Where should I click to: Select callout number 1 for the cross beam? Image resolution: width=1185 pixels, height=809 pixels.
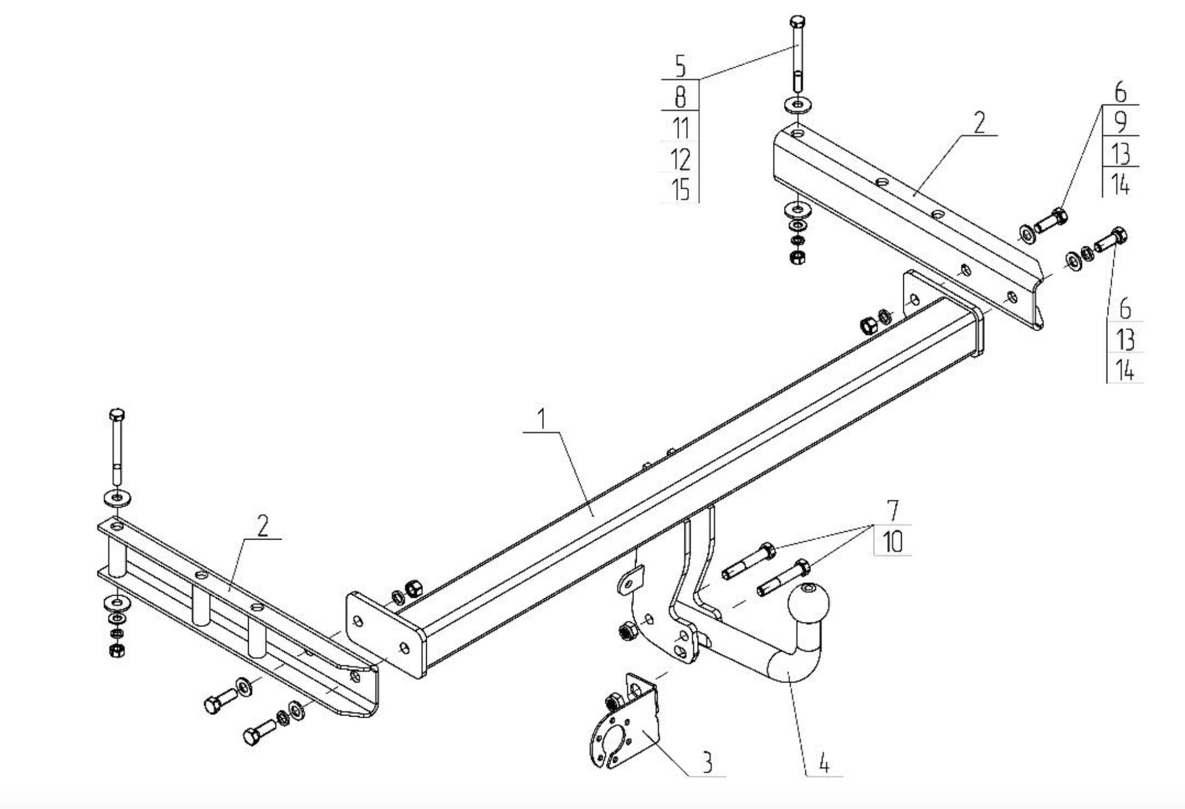[x=542, y=419]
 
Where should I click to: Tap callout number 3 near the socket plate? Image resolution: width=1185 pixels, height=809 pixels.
[x=707, y=762]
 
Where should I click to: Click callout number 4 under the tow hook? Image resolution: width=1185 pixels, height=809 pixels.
[x=824, y=763]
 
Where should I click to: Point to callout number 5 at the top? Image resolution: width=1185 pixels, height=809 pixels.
[x=680, y=66]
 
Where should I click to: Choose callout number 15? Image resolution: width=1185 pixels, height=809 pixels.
[x=681, y=189]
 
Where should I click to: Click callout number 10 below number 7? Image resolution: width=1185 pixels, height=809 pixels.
[x=893, y=542]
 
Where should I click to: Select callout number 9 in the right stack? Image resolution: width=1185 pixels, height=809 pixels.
[x=1120, y=122]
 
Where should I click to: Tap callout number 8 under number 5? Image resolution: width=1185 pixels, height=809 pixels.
[x=680, y=97]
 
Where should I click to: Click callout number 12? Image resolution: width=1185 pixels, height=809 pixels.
[x=681, y=159]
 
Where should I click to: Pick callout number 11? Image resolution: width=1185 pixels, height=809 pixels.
[x=681, y=128]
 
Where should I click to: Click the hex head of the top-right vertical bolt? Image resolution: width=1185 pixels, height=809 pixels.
[x=797, y=22]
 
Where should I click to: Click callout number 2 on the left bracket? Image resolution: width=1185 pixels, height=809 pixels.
[x=262, y=525]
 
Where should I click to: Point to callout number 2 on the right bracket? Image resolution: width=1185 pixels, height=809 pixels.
[x=979, y=123]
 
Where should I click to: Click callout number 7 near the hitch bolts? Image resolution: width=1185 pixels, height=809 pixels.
[x=893, y=510]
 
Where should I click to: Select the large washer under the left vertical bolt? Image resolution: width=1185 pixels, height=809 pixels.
[x=117, y=497]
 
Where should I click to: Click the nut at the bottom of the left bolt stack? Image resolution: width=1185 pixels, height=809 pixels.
[x=117, y=650]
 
